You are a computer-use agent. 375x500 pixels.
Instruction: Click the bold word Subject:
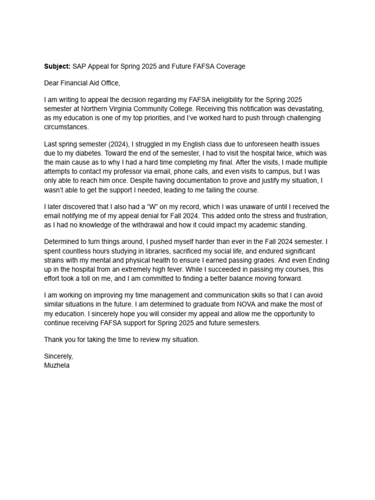click(x=57, y=66)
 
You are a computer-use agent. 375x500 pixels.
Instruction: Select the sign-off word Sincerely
click(x=58, y=356)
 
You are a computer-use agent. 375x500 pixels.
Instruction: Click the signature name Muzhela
click(x=57, y=365)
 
